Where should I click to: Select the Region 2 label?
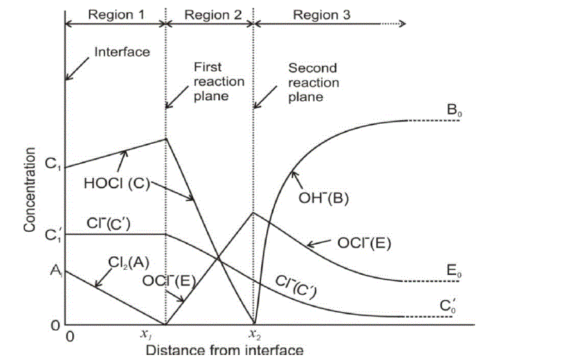(209, 14)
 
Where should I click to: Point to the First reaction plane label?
(218, 81)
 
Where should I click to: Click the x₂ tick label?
(254, 334)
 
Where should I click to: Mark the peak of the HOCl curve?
(166, 139)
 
